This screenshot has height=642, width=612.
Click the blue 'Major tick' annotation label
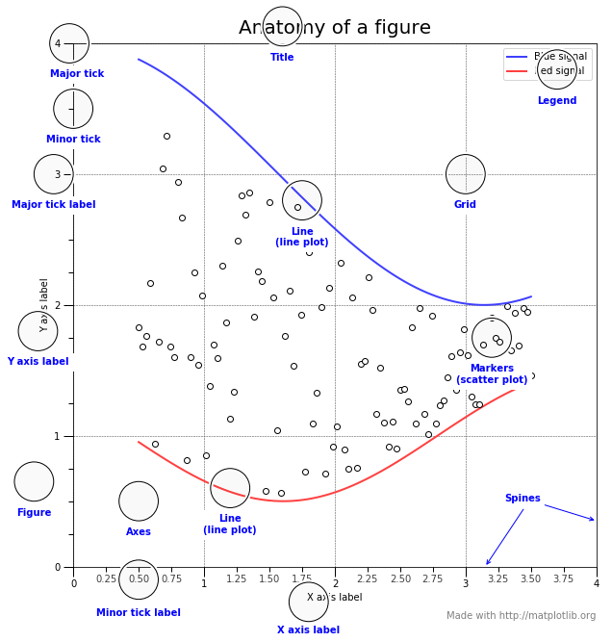click(x=77, y=73)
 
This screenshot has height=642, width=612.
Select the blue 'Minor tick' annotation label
click(x=73, y=140)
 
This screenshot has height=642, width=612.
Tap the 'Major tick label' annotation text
click(x=54, y=205)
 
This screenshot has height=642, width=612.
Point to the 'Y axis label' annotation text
click(x=38, y=362)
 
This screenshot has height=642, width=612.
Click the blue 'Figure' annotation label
click(x=35, y=513)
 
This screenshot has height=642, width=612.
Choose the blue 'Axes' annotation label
click(x=139, y=532)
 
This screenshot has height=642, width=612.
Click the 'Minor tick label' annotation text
click(x=139, y=613)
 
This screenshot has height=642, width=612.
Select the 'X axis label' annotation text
click(x=308, y=630)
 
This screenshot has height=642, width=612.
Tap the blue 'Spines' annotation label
click(x=523, y=499)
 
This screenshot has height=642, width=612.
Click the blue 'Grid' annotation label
click(x=465, y=205)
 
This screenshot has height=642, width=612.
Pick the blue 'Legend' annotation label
click(x=557, y=101)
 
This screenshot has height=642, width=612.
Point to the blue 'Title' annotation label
click(x=282, y=58)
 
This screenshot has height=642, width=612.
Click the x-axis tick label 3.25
click(x=498, y=580)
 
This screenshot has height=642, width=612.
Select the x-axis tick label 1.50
click(x=269, y=580)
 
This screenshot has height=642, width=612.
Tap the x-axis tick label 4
click(x=596, y=583)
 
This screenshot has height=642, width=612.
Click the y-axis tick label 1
click(x=59, y=437)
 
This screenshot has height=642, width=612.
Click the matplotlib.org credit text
click(x=521, y=616)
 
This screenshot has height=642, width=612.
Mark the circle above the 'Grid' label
click(x=466, y=174)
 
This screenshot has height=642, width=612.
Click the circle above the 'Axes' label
click(x=139, y=501)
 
